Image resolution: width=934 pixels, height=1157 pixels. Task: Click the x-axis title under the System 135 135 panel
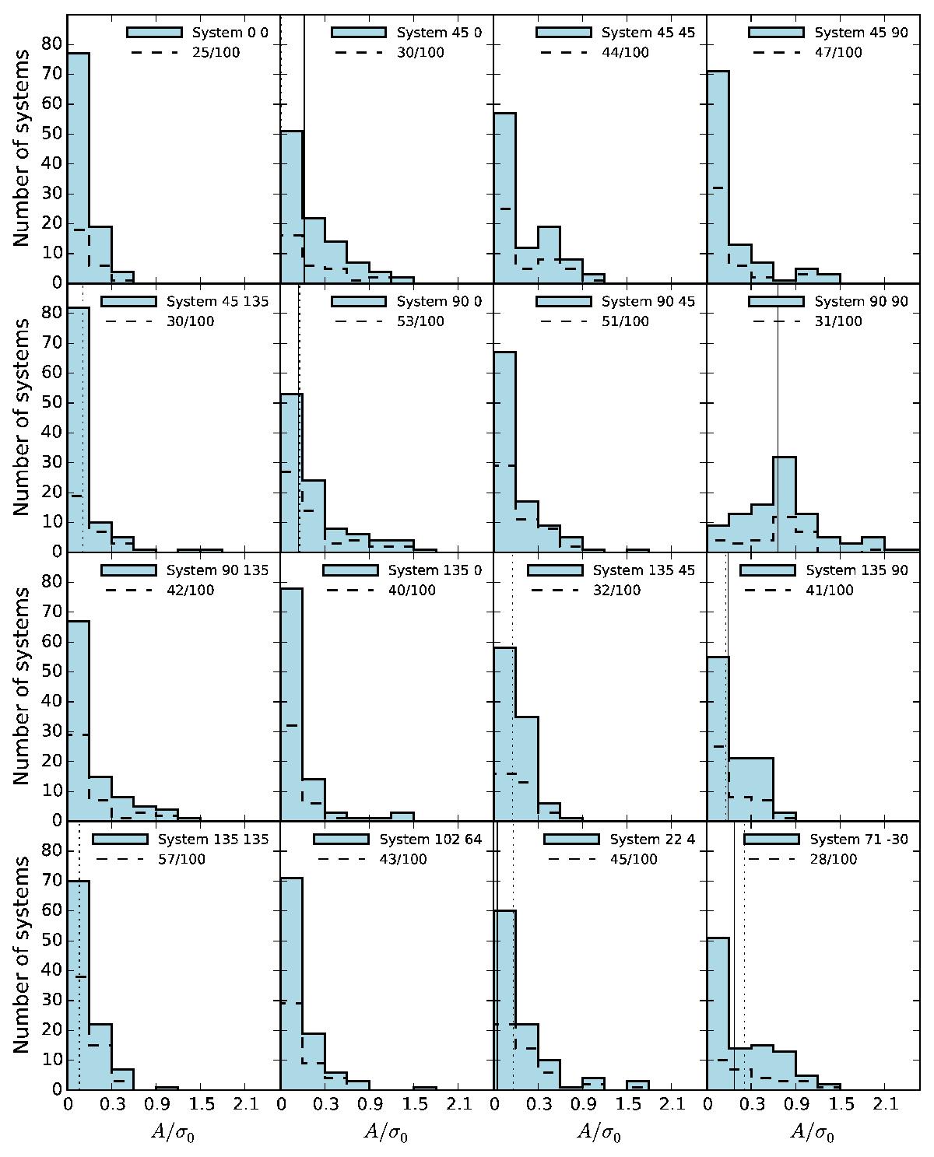pos(173,1131)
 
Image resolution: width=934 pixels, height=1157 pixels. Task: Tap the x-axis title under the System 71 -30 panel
pos(813,1131)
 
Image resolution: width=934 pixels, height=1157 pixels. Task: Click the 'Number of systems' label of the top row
pos(21,148)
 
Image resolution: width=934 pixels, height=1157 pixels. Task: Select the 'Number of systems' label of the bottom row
pos(21,955)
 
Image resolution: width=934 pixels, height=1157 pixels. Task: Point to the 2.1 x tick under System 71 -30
pos(884,1103)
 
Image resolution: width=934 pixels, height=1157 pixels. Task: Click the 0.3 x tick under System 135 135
pos(112,1103)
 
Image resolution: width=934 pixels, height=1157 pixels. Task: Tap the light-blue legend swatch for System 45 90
pos(776,33)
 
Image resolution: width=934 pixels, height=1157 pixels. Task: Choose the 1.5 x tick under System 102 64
pos(414,1103)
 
